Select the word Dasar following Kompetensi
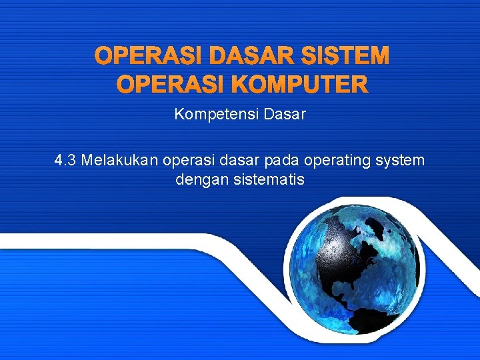point(285,115)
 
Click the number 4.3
point(65,161)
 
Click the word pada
point(282,161)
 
